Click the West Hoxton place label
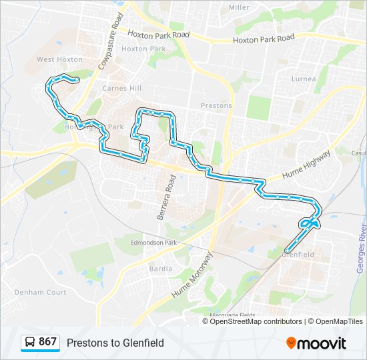59,59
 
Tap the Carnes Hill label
122,88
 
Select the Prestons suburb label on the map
216,105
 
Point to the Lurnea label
304,79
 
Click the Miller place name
239,7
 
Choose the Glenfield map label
298,255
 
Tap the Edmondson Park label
153,243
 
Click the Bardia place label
160,269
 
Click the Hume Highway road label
306,164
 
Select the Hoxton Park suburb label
143,49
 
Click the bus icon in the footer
30,343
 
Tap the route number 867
47,342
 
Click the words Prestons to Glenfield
115,343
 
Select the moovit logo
316,343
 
